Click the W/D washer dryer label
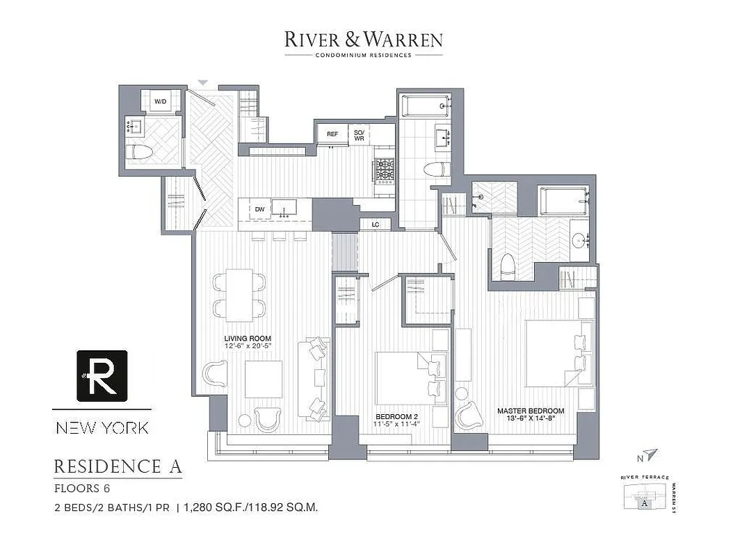point(161,101)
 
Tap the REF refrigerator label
point(332,134)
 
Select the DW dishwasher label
point(259,208)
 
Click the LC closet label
point(375,224)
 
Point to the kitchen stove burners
point(385,169)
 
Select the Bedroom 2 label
point(392,418)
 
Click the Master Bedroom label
point(531,411)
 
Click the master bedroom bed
point(558,353)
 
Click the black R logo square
point(102,375)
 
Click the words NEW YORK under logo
point(102,427)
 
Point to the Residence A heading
point(118,466)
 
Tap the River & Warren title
point(363,40)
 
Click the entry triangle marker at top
point(202,83)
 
